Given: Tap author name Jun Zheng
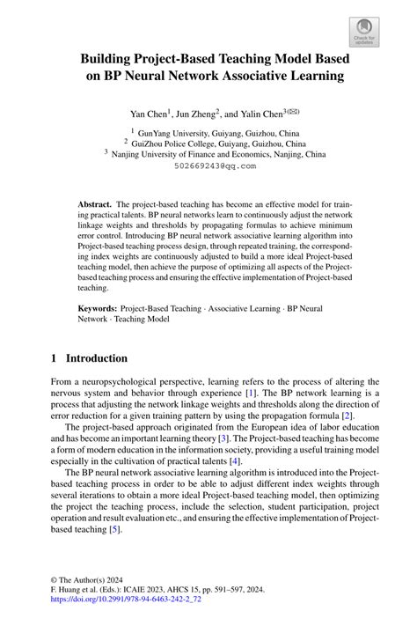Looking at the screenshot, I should (196, 114).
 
